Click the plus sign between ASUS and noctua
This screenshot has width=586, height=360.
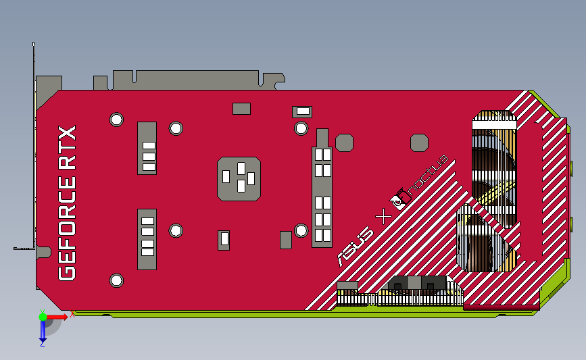383,217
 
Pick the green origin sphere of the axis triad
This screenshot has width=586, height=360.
43,316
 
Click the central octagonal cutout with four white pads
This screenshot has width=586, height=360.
239,178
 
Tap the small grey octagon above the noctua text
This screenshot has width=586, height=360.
420,143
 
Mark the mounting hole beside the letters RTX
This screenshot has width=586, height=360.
116,120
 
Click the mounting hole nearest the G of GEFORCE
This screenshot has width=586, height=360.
116,280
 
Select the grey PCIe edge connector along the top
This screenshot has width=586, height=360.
186,80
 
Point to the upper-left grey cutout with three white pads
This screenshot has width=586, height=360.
147,148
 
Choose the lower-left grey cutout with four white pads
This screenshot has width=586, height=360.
147,239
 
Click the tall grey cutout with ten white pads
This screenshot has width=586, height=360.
322,196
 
